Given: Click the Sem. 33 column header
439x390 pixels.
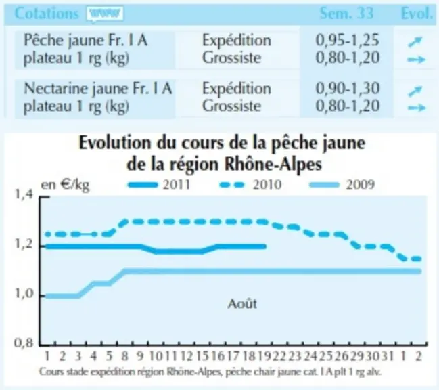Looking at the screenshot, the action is click(346, 13).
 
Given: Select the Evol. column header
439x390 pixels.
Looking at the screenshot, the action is click(417, 13).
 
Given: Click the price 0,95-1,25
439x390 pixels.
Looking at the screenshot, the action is click(348, 40).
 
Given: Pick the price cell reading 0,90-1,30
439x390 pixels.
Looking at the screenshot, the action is click(348, 88).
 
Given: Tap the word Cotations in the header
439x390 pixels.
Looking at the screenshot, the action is click(47, 13).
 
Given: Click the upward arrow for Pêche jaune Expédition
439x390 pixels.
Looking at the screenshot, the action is click(415, 42).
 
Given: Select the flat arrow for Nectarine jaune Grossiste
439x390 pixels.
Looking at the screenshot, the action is click(417, 108).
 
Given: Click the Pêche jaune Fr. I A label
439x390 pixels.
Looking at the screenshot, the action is click(85, 41).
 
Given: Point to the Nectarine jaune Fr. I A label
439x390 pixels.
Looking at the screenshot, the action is click(97, 89).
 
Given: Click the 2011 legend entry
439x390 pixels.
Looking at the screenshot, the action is click(159, 185).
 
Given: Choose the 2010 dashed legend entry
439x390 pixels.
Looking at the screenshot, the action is click(250, 185).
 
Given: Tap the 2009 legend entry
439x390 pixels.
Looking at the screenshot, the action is click(342, 185).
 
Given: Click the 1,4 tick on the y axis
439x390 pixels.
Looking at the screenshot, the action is click(24, 194).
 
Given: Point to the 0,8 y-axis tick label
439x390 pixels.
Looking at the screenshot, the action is click(24, 343).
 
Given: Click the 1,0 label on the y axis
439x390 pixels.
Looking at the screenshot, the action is click(24, 294).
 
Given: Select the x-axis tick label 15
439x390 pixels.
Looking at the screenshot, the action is click(202, 356).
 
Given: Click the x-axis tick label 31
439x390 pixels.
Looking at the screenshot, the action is click(388, 356).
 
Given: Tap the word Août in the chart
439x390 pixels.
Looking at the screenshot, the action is click(242, 304).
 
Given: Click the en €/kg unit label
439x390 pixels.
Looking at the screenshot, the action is click(65, 186).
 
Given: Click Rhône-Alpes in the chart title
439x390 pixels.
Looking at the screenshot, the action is click(273, 164).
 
